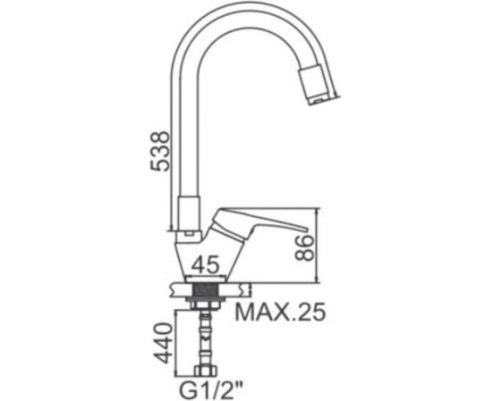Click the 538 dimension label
(159, 151)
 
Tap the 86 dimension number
(304, 248)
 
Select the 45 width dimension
(205, 265)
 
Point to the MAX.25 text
(281, 312)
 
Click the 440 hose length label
(164, 343)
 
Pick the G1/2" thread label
(211, 389)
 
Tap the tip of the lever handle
(306, 230)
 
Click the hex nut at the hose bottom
(205, 371)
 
